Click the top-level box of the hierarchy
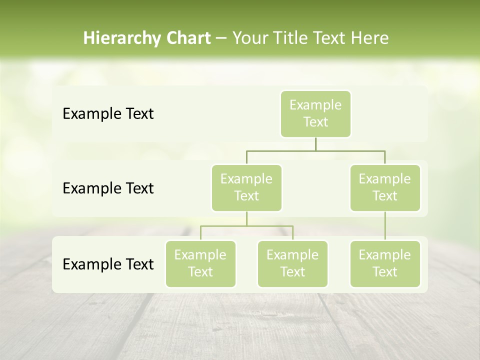[315, 114]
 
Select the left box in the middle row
[246, 187]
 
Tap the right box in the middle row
[385, 187]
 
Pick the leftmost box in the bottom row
[200, 263]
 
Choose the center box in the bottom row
[292, 263]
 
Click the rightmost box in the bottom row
[385, 263]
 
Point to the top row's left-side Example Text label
[108, 114]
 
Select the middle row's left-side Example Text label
[108, 188]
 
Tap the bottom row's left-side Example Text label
[108, 264]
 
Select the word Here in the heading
[370, 38]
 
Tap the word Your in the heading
[250, 38]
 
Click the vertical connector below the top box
[315, 144]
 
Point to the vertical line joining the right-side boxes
[385, 226]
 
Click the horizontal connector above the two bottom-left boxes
[246, 226]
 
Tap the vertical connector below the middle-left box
[246, 218]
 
